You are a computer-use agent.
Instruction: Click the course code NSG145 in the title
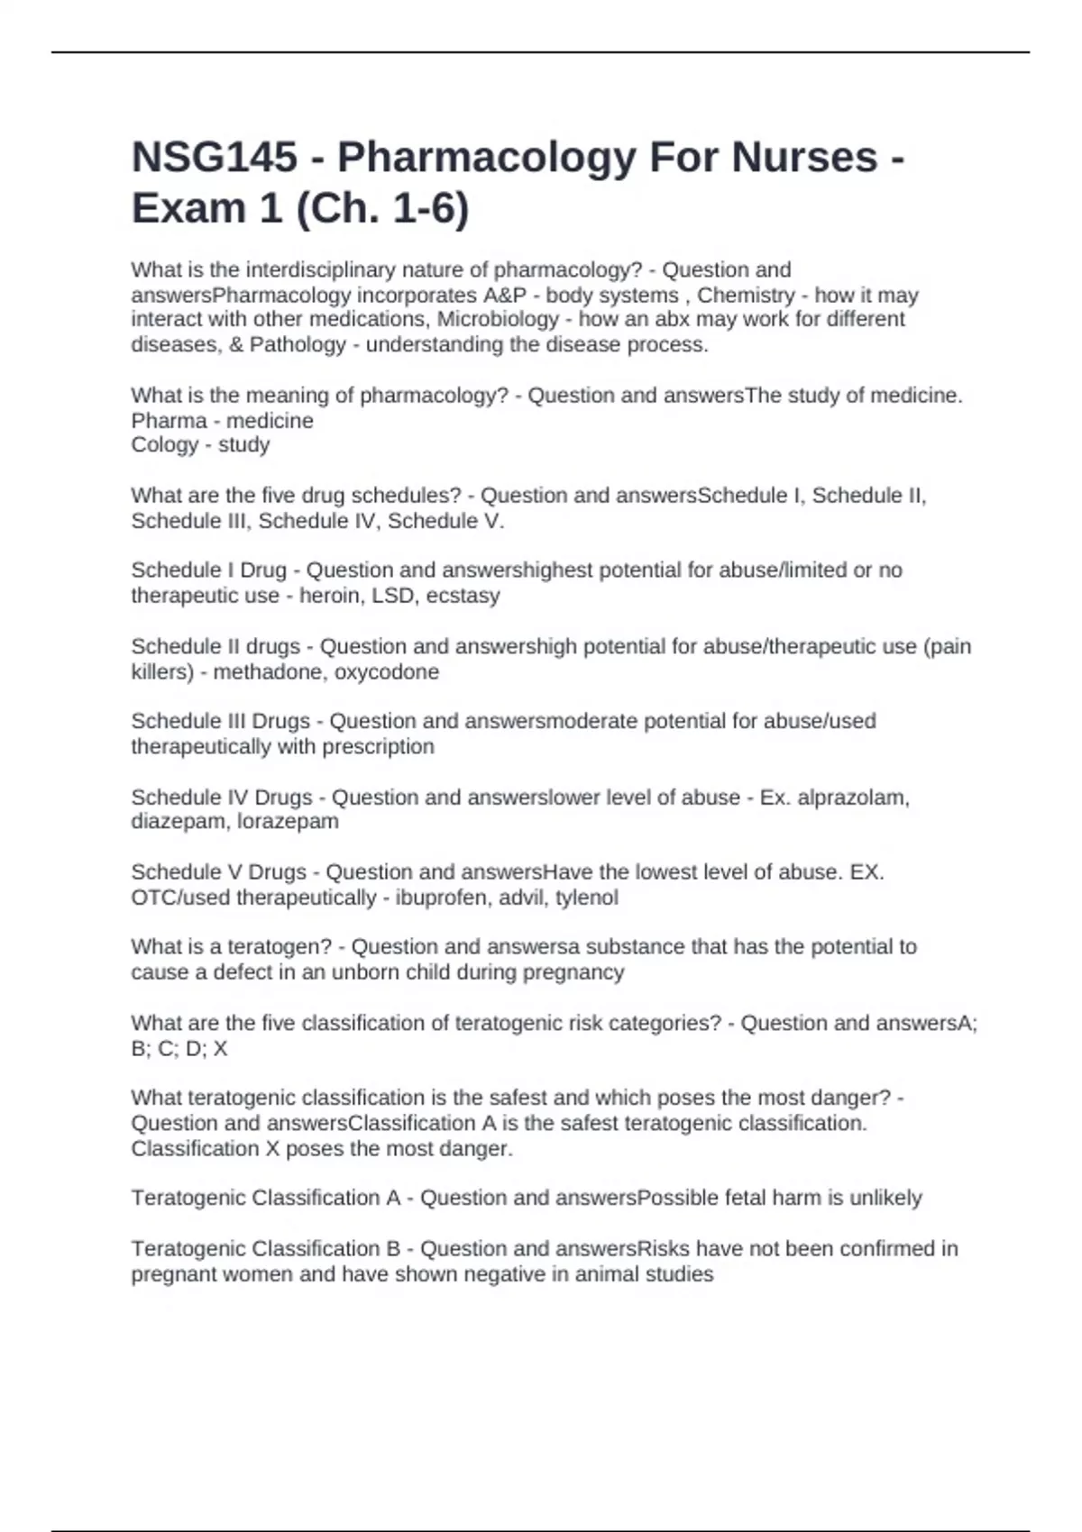coord(215,158)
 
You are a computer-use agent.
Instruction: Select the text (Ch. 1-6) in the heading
coord(381,209)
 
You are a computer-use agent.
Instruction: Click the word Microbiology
coord(498,319)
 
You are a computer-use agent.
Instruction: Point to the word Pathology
coord(298,344)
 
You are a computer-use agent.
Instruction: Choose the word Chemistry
coord(746,295)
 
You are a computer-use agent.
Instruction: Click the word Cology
coord(164,444)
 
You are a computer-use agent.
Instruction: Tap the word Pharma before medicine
coord(169,420)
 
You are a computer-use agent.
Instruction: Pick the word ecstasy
coord(463,595)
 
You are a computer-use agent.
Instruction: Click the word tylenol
coord(586,898)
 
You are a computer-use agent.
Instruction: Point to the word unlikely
coord(885,1198)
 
